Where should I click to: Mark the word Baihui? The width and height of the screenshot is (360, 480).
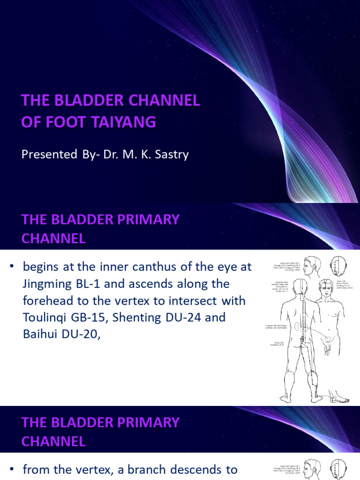(x=39, y=334)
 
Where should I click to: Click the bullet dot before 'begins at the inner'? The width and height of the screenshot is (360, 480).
(x=12, y=267)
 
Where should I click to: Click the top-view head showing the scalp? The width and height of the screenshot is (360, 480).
(x=336, y=266)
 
